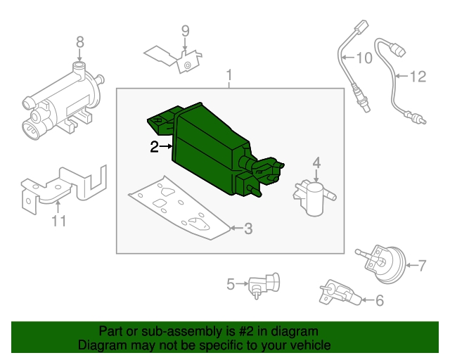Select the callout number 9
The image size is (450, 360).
pyautogui.click(x=186, y=30)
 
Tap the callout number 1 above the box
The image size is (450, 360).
pyautogui.click(x=229, y=75)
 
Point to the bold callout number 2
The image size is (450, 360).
pyautogui.click(x=155, y=146)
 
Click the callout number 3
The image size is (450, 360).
pyautogui.click(x=247, y=229)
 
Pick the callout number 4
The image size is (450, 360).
pyautogui.click(x=316, y=163)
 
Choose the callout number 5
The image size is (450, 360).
pyautogui.click(x=231, y=285)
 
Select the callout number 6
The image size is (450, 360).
pyautogui.click(x=380, y=301)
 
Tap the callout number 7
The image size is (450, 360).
pyautogui.click(x=422, y=266)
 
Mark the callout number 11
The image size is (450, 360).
pyautogui.click(x=59, y=221)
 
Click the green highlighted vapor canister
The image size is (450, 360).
pyautogui.click(x=207, y=148)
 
